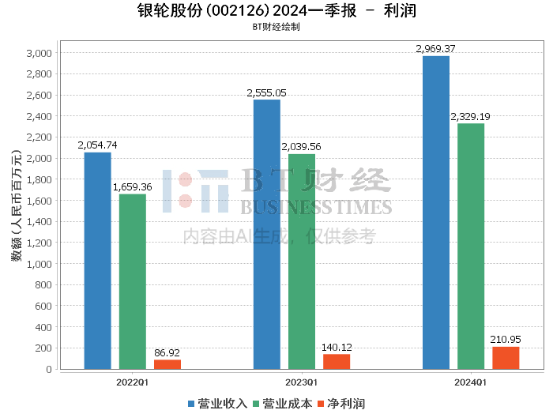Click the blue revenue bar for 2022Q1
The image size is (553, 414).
point(98,261)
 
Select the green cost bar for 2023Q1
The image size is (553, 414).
point(302,262)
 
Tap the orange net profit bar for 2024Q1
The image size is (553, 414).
point(506,358)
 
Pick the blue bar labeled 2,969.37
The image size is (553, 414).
point(436,213)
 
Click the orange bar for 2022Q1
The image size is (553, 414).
point(167,365)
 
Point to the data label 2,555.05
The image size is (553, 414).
point(267,93)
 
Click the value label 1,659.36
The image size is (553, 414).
point(132,187)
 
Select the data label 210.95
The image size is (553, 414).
point(506,339)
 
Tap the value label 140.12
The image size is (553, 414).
point(337,348)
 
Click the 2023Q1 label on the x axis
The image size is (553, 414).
point(301,382)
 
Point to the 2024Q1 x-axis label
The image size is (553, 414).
point(471,382)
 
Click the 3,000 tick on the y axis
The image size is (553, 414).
point(39,53)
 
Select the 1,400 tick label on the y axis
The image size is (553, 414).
point(39,222)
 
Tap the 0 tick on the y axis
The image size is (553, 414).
point(49,369)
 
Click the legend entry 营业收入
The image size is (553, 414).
point(217,404)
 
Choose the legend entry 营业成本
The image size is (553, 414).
point(283,404)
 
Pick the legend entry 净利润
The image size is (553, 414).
point(341,404)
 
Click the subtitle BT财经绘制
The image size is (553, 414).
point(276,27)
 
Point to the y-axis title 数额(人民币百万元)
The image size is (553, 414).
point(17,205)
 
